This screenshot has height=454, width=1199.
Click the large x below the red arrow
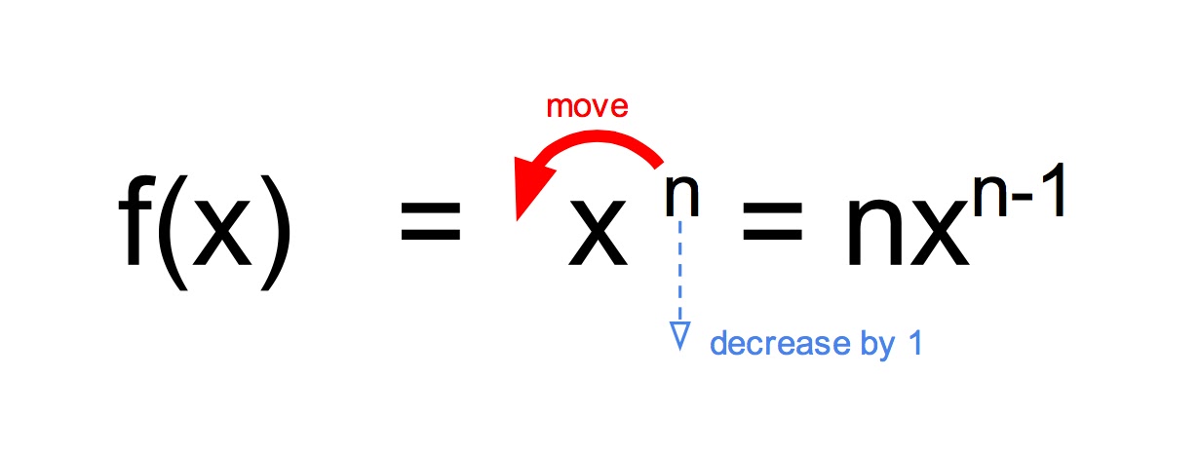click(x=597, y=240)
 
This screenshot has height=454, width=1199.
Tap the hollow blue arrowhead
click(x=680, y=335)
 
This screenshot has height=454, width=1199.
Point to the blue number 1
click(x=912, y=344)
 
